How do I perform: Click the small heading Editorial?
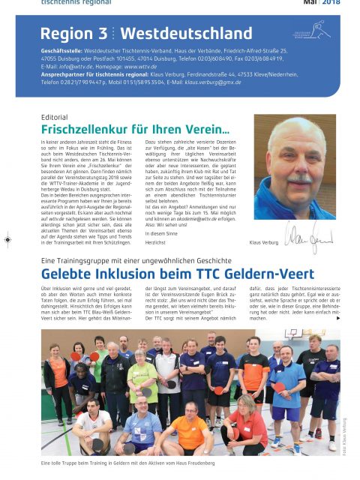point(55,118)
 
